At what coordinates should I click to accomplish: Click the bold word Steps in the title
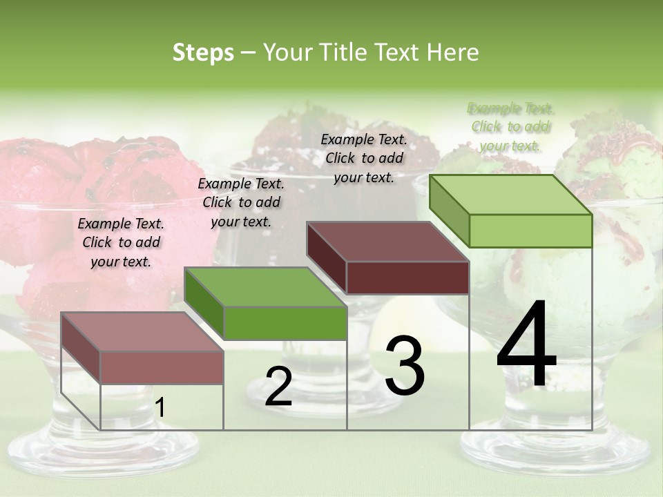tap(203, 52)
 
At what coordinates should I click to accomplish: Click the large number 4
tap(526, 345)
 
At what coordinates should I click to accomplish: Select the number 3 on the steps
tap(404, 366)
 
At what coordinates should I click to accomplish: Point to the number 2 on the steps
tap(278, 387)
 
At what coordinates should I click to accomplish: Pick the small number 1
tap(160, 408)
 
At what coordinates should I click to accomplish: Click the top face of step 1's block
tap(142, 331)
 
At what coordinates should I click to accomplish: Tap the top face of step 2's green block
tap(265, 286)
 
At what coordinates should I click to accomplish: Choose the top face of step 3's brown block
tap(387, 242)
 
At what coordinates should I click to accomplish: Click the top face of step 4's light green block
tap(510, 195)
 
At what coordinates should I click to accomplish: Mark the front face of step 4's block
tap(530, 231)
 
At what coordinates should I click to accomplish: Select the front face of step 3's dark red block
tap(407, 277)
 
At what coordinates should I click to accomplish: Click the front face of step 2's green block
tap(285, 323)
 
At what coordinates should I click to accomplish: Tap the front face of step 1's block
tap(162, 367)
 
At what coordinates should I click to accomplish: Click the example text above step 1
tap(121, 242)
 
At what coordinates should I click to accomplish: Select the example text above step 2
tap(241, 202)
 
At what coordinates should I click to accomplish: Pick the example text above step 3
tap(364, 158)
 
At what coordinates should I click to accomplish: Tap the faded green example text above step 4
tap(510, 126)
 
